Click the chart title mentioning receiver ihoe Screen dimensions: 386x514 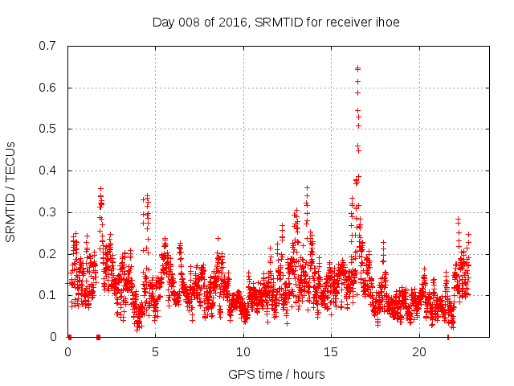point(275,22)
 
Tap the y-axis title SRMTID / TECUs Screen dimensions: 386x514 point(11,191)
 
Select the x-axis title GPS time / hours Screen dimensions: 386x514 point(275,374)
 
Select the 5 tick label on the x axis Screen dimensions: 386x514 point(156,352)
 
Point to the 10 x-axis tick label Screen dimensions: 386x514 point(243,352)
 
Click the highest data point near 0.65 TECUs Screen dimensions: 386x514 point(357,68)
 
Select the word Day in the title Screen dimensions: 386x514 point(163,22)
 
